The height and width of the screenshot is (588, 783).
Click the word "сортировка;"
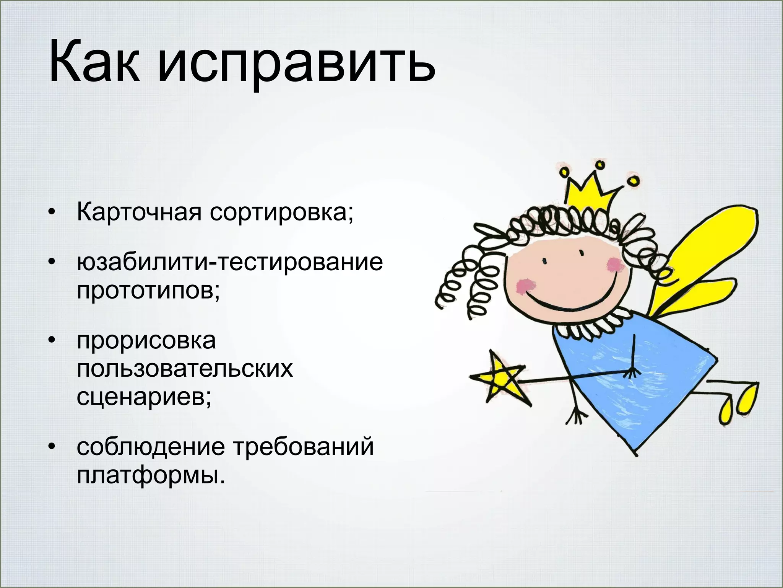[x=282, y=213]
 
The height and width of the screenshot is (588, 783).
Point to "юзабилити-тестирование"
[x=230, y=263]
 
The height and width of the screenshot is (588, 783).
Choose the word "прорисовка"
[x=146, y=341]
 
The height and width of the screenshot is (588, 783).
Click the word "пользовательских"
[x=185, y=369]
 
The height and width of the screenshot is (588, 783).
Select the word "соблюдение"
[x=151, y=447]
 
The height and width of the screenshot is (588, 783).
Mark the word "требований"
[x=304, y=446]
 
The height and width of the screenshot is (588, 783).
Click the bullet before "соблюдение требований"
[x=52, y=446]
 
